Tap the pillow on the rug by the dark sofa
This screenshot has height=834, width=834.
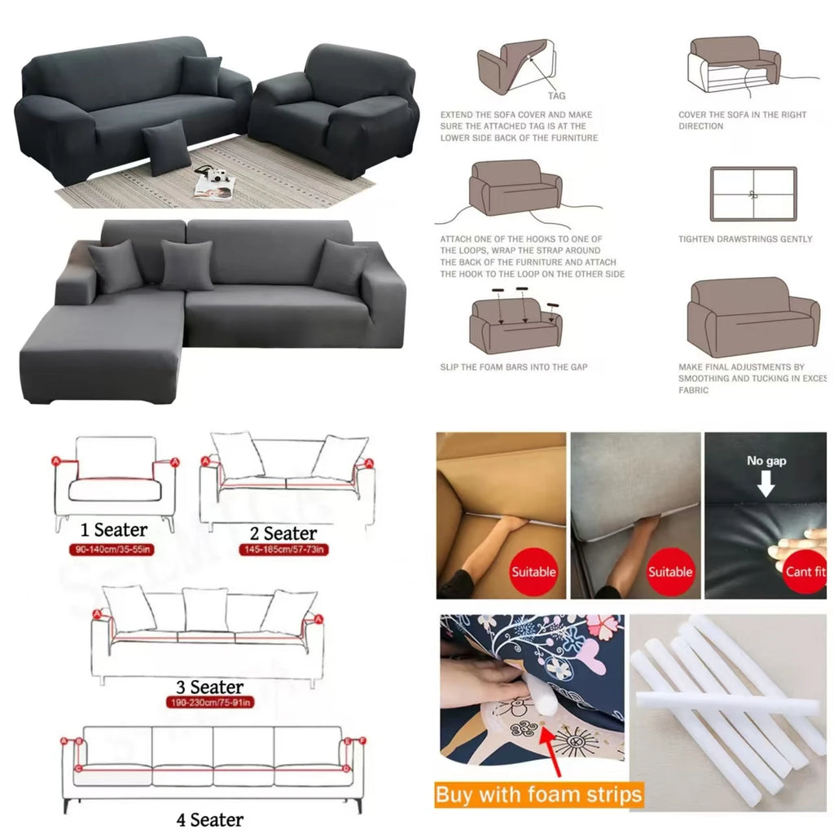(166, 147)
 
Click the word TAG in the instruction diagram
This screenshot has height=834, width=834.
(556, 96)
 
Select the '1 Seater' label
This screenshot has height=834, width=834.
(115, 531)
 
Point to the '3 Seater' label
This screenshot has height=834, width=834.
(210, 687)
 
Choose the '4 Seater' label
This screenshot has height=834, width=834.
(209, 819)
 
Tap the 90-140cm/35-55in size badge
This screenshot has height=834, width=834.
(115, 550)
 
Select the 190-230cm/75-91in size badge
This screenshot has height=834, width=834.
(210, 702)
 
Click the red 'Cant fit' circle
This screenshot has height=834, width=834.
(805, 572)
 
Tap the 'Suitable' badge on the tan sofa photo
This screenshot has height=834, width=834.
(533, 572)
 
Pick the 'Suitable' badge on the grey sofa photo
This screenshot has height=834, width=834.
(669, 572)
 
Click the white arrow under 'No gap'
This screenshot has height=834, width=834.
(766, 485)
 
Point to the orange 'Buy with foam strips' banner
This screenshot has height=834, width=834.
(538, 794)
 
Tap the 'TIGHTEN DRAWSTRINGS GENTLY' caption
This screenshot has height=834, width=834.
(745, 239)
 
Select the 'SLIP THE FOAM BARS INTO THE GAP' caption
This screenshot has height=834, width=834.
(513, 367)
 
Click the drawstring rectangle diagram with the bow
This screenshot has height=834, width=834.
(753, 194)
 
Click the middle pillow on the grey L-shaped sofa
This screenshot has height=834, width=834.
(187, 266)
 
